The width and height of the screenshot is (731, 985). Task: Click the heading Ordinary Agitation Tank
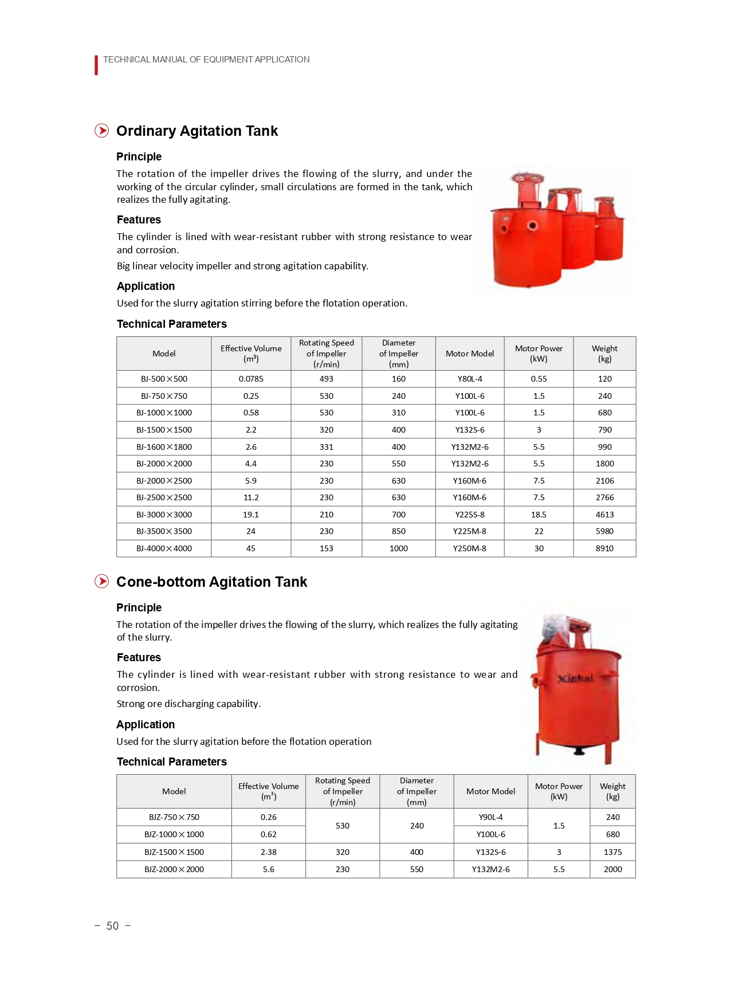point(196,131)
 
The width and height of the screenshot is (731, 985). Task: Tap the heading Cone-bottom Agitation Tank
point(211,582)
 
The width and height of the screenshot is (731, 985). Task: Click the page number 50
point(112,926)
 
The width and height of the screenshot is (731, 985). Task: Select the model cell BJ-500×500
point(164,379)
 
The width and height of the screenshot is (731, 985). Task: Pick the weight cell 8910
point(604,548)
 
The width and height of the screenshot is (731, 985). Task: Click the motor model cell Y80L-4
point(470,379)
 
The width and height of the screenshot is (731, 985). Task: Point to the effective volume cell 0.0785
point(251,379)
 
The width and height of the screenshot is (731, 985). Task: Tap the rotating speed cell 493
point(327,379)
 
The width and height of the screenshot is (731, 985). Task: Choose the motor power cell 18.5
point(539,515)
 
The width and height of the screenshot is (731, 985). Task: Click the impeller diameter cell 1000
point(399,548)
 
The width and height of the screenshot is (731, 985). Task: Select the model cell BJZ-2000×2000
point(174,869)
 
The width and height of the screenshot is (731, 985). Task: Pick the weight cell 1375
point(612,852)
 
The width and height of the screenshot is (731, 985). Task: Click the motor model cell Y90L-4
point(491,817)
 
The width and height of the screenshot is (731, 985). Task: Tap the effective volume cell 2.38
point(269,852)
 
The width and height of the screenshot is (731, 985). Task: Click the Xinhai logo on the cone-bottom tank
point(575,678)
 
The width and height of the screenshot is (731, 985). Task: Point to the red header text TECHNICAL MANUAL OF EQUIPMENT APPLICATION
point(206,60)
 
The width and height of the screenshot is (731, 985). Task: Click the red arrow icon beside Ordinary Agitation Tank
point(101,131)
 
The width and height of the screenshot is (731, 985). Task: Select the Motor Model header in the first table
point(470,354)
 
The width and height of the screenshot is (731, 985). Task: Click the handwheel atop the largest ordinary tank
point(528,178)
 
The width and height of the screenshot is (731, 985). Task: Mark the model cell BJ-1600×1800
point(164,447)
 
